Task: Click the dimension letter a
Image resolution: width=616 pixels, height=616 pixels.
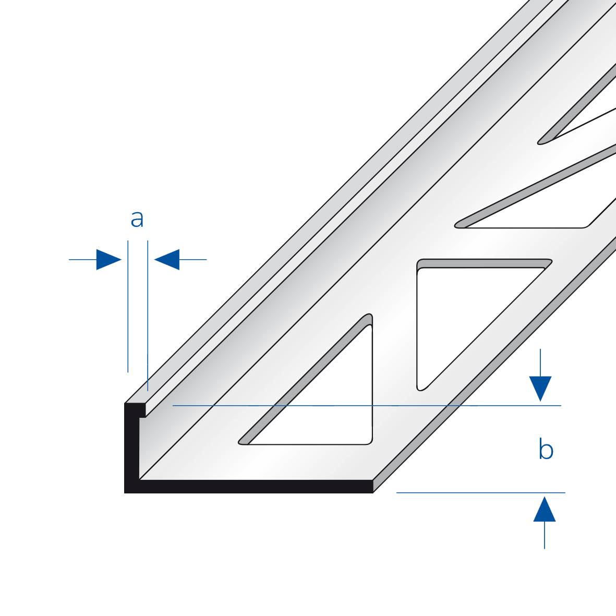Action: click(x=137, y=219)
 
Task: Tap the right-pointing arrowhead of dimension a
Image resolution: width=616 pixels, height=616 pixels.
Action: click(x=109, y=259)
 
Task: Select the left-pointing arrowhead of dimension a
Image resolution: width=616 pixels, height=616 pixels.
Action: click(x=167, y=259)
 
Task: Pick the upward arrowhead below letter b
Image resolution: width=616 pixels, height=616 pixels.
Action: click(x=544, y=509)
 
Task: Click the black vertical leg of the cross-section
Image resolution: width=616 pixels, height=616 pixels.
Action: click(x=131, y=448)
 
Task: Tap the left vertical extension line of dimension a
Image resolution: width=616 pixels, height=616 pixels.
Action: click(x=128, y=306)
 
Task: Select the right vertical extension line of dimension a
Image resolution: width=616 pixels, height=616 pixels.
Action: click(x=148, y=316)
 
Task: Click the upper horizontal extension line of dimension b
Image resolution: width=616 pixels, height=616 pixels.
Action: click(x=367, y=405)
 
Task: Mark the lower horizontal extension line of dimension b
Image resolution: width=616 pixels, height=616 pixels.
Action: click(x=480, y=492)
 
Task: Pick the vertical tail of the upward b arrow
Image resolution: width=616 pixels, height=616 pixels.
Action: click(x=544, y=535)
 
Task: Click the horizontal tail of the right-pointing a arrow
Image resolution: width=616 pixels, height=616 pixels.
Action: click(x=82, y=259)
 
